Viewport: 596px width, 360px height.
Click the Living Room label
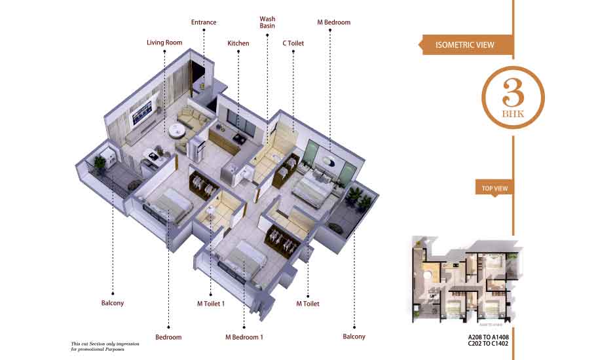pos(164,43)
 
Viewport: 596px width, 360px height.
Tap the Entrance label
pos(204,22)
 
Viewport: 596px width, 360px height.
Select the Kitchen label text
pos(238,43)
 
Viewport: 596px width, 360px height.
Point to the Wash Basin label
pos(267,22)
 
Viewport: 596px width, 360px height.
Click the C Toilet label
pos(293,43)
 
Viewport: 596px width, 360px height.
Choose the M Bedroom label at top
pos(334,22)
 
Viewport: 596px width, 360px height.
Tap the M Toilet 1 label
pos(211,304)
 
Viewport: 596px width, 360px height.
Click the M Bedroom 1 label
pos(244,337)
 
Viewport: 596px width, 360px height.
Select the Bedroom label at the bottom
pos(168,337)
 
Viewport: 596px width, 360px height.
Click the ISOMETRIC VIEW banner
pos(465,45)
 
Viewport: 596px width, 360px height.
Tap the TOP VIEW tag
pos(495,189)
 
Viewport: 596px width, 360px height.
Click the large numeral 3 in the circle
pos(513,94)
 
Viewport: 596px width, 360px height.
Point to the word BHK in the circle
pos(513,113)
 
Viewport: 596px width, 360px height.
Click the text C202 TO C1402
pos(485,347)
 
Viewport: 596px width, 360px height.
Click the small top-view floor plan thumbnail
pos(466,278)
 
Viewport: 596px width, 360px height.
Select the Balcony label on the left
pos(113,304)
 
